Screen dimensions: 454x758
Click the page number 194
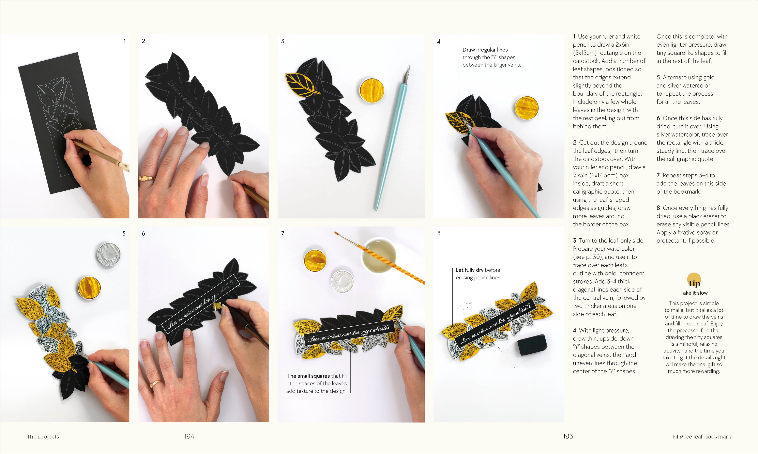189,436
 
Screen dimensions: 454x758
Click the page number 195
568,436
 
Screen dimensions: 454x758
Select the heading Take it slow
694,293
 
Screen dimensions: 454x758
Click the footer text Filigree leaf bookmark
701,437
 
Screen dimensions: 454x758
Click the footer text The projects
43,437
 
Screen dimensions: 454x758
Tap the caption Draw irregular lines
485,50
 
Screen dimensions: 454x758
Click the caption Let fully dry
469,270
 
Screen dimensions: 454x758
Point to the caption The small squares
308,376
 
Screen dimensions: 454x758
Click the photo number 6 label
143,233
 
